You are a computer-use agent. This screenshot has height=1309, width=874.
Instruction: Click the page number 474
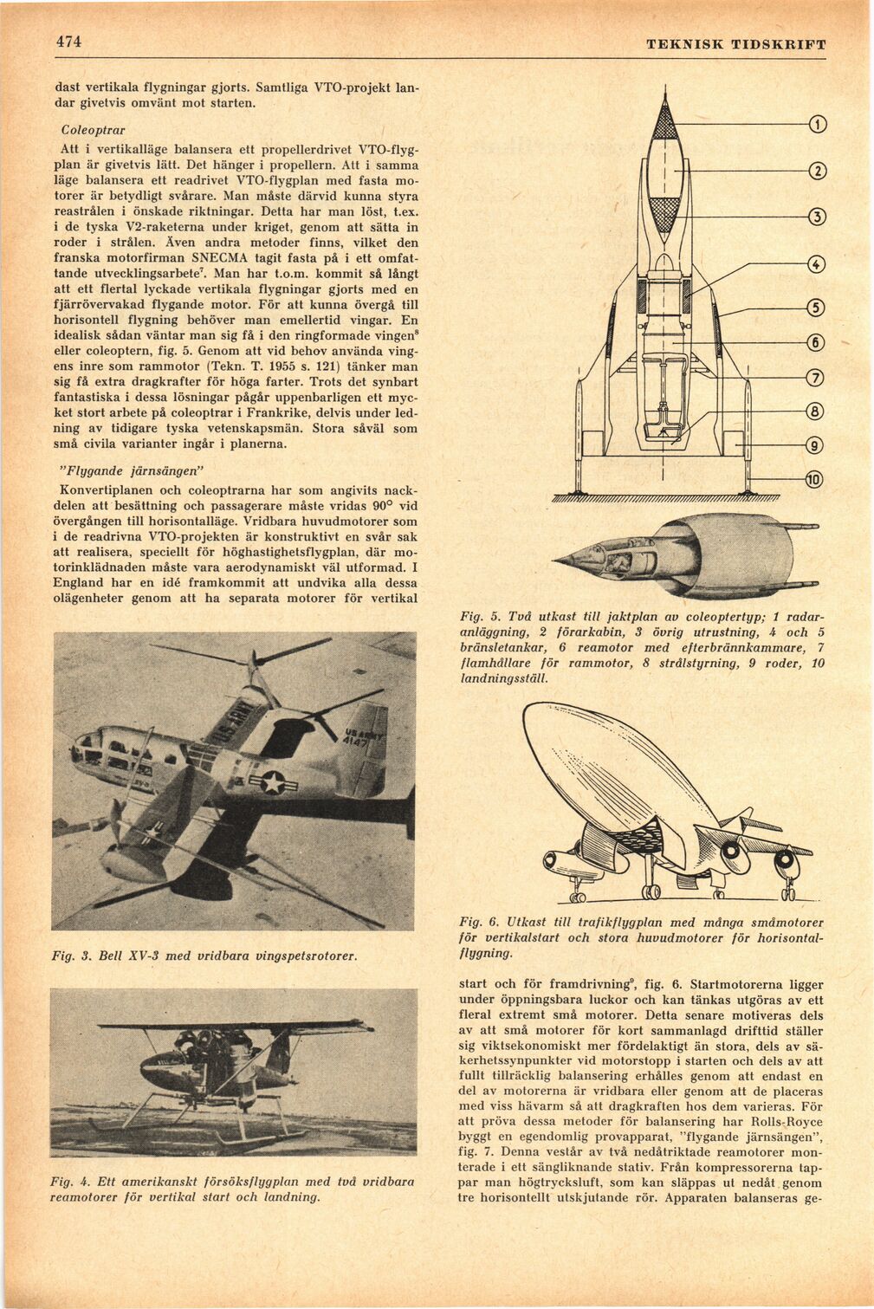tap(68, 42)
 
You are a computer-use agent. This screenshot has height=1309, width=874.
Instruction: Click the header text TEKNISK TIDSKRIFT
tap(735, 44)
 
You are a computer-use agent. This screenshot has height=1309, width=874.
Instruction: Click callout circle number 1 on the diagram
tap(816, 125)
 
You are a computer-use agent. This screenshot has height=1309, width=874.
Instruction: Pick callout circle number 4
tap(816, 264)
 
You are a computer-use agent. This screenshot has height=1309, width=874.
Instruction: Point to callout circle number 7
tap(816, 377)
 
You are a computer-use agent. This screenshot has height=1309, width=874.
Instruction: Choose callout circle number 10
tap(816, 479)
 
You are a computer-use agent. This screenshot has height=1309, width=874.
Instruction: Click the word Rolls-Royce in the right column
tap(788, 1121)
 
